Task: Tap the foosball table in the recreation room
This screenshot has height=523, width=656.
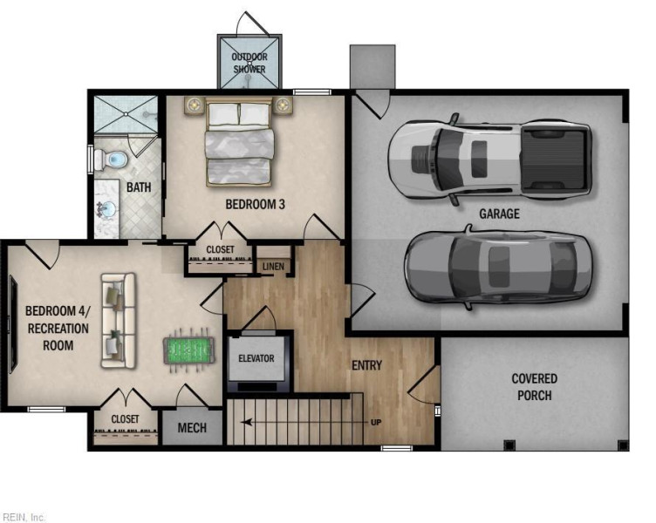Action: (188, 350)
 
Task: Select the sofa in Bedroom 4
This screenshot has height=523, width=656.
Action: (119, 321)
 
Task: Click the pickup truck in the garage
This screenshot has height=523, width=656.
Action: (489, 160)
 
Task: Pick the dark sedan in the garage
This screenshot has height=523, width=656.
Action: (498, 267)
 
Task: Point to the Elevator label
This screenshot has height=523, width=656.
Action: (256, 358)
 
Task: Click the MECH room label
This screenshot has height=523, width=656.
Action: (192, 428)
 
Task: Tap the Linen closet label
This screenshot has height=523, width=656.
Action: (273, 267)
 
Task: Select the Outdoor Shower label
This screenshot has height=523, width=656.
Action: (249, 63)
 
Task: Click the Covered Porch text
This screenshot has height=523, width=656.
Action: (534, 387)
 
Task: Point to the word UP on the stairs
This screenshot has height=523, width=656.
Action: (376, 422)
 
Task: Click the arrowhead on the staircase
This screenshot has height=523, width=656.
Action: (246, 422)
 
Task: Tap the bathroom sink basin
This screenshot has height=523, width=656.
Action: (108, 208)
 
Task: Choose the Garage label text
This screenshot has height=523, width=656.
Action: (499, 214)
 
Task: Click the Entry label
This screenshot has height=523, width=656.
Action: (366, 365)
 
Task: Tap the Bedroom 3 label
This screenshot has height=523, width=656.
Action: (256, 204)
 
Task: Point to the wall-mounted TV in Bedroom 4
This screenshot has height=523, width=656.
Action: (13, 324)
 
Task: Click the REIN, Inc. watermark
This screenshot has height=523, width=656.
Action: (23, 518)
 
